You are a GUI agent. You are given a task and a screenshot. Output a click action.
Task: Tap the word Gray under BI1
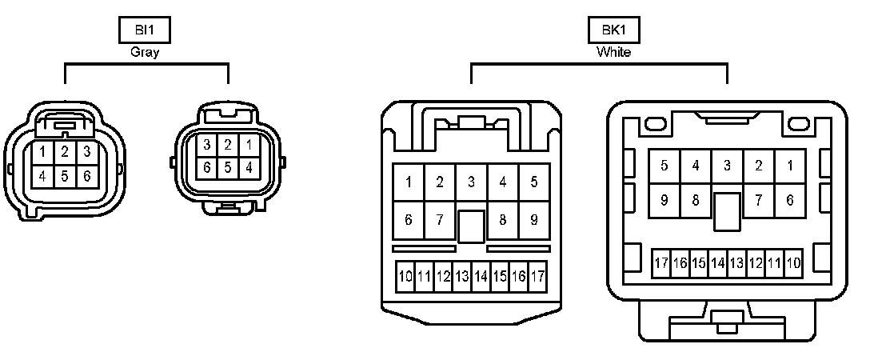pos(145,53)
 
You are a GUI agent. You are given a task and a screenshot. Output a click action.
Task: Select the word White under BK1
pos(613,53)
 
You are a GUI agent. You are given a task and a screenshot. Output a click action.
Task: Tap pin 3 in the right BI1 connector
pos(206,146)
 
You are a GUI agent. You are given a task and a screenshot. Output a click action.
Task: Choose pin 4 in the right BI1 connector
pos(249,168)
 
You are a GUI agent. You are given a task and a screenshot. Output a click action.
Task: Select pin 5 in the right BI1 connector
pos(228,168)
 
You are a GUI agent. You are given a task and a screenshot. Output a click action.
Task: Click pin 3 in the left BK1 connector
pos(472,182)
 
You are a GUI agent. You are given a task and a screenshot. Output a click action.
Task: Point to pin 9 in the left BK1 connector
pos(533,220)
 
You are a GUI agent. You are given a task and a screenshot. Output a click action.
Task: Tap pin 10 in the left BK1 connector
pos(405,277)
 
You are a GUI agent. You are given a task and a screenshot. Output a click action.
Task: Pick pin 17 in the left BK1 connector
pos(537,277)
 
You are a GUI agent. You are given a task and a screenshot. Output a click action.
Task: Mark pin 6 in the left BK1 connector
pos(409,220)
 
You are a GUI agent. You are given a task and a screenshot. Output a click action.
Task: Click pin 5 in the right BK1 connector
pos(664,166)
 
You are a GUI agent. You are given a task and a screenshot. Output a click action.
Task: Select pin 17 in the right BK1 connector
pos(661,263)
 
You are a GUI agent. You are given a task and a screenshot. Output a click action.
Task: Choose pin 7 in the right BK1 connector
pos(758,200)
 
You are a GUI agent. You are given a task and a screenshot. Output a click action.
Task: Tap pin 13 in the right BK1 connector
pos(736,263)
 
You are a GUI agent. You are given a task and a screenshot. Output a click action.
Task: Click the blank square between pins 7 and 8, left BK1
pos(472,226)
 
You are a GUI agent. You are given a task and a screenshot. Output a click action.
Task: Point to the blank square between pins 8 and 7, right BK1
pos(727,210)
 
